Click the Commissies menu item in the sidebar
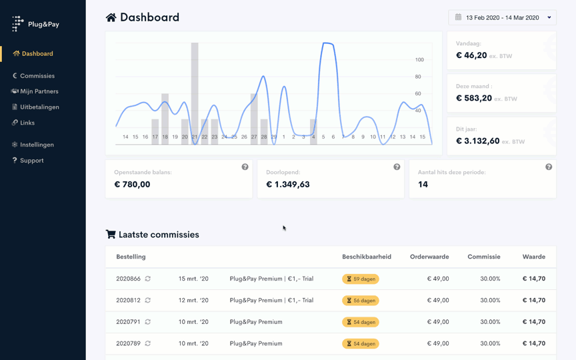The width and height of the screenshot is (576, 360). tap(37, 76)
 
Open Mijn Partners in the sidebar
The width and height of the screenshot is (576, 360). tap(39, 91)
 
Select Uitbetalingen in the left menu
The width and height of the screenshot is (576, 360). tap(39, 107)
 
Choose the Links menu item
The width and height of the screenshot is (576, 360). tap(27, 123)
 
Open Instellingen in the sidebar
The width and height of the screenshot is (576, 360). tap(37, 145)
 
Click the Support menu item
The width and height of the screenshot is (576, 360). tap(31, 161)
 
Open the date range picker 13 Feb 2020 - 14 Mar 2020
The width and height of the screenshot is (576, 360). tap(502, 17)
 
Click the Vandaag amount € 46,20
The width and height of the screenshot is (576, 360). tap(471, 55)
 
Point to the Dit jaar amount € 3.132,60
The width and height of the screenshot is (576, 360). tap(477, 141)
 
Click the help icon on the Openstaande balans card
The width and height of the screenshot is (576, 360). tap(245, 167)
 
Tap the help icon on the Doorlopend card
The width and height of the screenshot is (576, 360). tap(397, 167)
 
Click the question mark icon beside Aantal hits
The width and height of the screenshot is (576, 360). tap(549, 167)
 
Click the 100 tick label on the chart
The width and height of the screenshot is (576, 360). tap(419, 60)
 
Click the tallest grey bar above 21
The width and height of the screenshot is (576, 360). tap(195, 87)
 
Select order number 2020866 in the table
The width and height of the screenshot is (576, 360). tap(128, 279)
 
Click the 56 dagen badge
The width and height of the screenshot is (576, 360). tap(361, 301)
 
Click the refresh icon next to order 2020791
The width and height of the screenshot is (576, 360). tap(148, 322)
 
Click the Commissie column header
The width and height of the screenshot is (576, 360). tap(483, 257)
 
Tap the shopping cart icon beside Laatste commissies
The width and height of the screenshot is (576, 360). tap(111, 235)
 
